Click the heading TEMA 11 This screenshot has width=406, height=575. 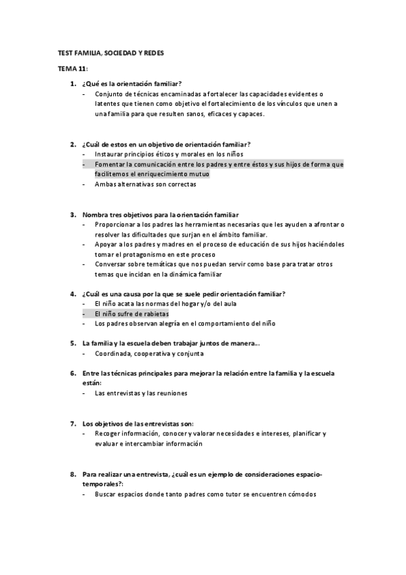(x=68, y=70)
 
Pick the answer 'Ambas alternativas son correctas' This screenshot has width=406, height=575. (x=145, y=184)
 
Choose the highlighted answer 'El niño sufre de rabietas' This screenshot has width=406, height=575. (x=131, y=314)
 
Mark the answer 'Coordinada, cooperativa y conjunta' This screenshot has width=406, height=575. (x=149, y=354)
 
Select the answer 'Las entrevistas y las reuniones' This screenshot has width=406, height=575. (x=141, y=393)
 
